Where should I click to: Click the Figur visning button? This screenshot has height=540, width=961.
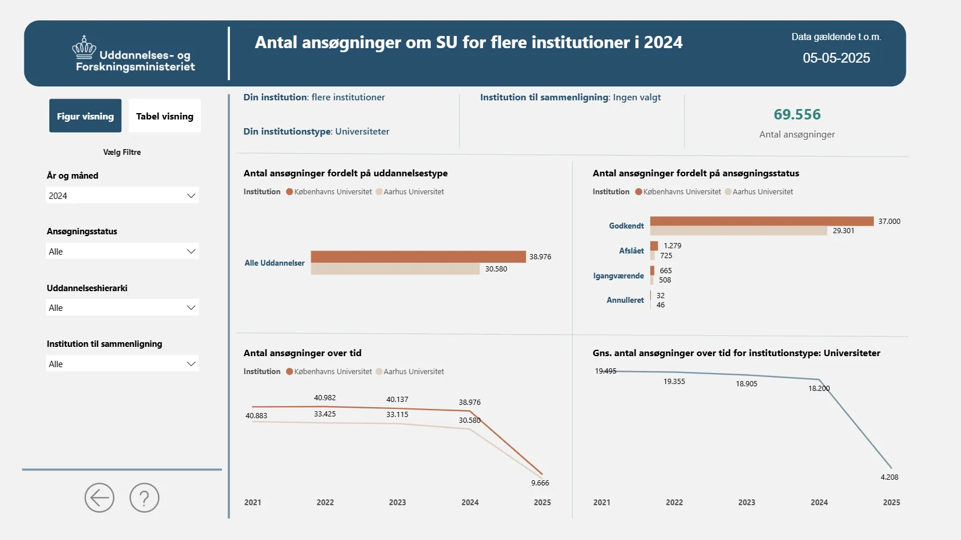click(85, 116)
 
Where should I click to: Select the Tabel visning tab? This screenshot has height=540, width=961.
click(164, 116)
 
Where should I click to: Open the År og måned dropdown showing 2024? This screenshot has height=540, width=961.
click(122, 195)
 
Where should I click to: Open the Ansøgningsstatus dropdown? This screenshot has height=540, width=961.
click(122, 251)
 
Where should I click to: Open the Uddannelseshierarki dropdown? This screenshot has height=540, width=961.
click(122, 307)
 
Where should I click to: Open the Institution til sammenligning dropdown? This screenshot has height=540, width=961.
click(122, 364)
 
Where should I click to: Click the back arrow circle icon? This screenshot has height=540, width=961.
click(99, 498)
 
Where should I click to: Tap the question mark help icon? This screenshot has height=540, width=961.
click(145, 498)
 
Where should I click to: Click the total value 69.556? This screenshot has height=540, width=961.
click(797, 114)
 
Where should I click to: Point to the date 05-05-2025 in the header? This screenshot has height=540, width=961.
click(836, 58)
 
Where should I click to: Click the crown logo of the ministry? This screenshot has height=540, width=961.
click(84, 47)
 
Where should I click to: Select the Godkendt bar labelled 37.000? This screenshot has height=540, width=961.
click(761, 221)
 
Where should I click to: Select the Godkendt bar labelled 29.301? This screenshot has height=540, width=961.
click(738, 231)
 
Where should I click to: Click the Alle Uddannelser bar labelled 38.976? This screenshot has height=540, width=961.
click(418, 256)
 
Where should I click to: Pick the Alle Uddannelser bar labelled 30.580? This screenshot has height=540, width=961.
click(395, 269)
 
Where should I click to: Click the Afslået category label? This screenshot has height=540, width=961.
click(631, 251)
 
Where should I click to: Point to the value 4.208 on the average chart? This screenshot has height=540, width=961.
click(889, 477)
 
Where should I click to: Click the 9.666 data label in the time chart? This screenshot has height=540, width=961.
click(540, 483)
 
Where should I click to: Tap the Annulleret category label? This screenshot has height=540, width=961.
click(625, 300)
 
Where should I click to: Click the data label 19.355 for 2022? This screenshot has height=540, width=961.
click(674, 382)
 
